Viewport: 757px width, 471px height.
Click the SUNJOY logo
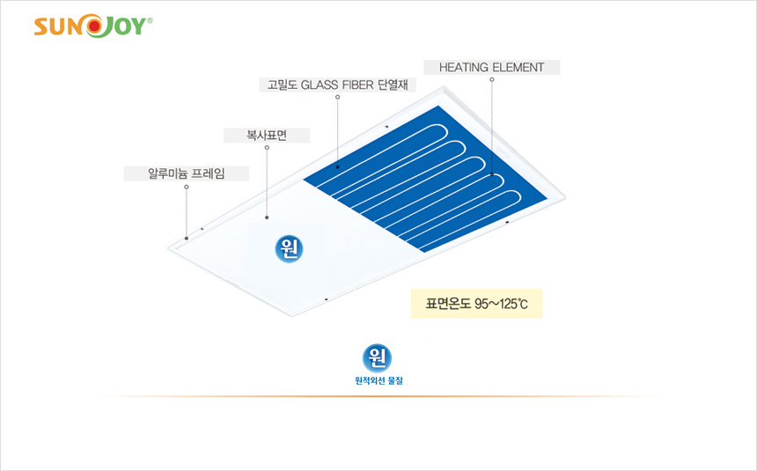93,26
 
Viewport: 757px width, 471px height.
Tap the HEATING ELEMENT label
491,67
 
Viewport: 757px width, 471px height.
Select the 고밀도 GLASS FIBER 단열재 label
337,85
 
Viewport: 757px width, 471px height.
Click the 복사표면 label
267,136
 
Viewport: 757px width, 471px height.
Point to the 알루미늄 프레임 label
187,173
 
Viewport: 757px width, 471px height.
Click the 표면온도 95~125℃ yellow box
476,304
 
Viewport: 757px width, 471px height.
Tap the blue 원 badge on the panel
290,249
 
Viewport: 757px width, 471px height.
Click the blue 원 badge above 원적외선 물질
377,358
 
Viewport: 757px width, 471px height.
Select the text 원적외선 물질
379,380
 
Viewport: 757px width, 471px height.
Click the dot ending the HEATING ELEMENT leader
492,174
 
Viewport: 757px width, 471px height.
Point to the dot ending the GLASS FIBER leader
337,167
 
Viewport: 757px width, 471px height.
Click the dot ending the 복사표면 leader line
267,217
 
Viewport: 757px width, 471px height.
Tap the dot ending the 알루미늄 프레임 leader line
187,239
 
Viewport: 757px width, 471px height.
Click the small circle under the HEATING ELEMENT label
492,80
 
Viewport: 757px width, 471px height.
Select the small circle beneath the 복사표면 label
267,148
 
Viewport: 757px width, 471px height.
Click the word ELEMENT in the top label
518,67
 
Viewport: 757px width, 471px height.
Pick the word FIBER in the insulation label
357,85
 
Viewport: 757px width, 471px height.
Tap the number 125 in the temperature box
508,304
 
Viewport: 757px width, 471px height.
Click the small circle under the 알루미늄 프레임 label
187,187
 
